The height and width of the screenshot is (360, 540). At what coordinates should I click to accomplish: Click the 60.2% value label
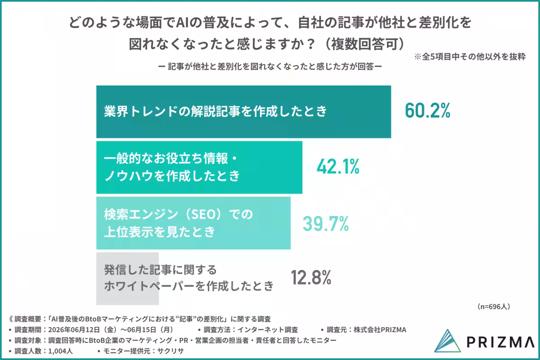(x=427, y=110)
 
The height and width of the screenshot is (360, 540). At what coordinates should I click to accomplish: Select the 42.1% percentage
(x=338, y=166)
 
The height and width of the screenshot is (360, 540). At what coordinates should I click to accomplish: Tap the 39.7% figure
(x=326, y=224)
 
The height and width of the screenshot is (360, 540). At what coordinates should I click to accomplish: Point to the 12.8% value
(x=311, y=277)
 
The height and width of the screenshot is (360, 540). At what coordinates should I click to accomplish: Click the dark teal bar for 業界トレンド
(x=243, y=112)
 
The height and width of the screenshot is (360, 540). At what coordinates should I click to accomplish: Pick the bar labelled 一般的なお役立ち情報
(x=199, y=167)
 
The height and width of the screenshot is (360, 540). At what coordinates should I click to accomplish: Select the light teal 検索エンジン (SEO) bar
(x=193, y=223)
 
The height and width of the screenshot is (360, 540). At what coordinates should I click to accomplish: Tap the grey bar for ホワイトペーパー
(x=127, y=279)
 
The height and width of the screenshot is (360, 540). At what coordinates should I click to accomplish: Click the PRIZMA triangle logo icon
(x=447, y=341)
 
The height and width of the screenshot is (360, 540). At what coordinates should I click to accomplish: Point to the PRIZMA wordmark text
(x=500, y=342)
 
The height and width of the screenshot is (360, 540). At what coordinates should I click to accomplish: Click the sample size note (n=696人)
(x=494, y=306)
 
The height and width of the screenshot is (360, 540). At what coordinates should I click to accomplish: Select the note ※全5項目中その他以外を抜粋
(x=470, y=57)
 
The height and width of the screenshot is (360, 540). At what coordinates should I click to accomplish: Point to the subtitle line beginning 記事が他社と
(x=270, y=67)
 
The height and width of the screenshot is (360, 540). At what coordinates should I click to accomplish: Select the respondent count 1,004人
(x=60, y=351)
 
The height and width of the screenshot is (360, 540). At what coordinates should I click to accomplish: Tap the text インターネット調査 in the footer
(x=268, y=329)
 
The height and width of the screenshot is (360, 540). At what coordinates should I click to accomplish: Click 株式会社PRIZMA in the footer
(x=380, y=329)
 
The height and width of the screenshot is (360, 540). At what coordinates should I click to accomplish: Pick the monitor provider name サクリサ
(x=171, y=351)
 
